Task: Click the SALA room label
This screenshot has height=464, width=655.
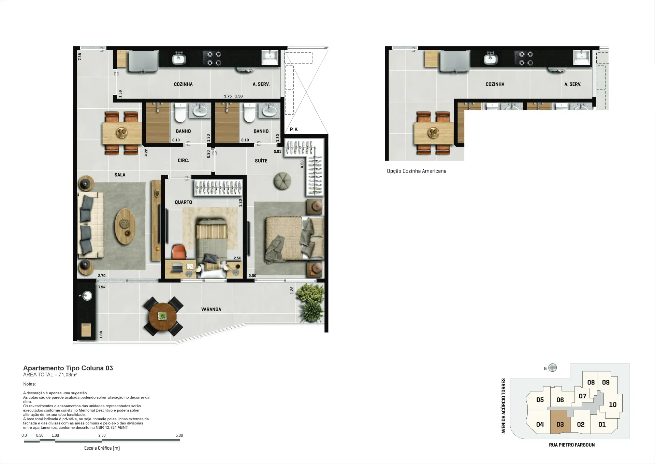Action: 120,175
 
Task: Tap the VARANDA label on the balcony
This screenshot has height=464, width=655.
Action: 211,310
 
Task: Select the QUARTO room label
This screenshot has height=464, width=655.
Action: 183,202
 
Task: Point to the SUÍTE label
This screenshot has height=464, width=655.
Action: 261,161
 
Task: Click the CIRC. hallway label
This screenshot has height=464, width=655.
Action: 183,161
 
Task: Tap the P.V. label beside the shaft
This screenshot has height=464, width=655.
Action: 294,129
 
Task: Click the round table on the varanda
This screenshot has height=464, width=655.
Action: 163,316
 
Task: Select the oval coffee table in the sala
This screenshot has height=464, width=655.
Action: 125,226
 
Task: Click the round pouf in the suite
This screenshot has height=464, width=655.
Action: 282,180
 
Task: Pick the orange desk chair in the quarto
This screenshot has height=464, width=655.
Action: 179,252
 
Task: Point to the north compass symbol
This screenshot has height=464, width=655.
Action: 552,368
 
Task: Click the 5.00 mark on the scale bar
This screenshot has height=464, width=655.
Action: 179,435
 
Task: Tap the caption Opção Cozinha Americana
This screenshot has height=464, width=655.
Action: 417,171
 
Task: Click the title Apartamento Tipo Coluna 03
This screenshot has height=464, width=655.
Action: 68,368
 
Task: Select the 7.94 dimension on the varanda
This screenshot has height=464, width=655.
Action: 102,287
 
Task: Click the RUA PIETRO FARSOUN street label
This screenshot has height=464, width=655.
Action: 572,445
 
